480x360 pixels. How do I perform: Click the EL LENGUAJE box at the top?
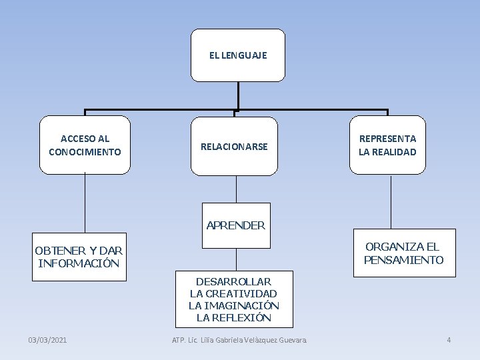(237, 55)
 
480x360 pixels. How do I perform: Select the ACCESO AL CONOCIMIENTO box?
(85, 145)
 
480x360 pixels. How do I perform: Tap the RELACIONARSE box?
(234, 146)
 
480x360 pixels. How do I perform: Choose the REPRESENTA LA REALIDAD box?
(387, 145)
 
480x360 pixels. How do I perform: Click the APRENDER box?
(236, 225)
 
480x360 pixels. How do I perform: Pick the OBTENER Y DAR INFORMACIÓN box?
(79, 257)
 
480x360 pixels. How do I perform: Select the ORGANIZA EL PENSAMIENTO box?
(403, 253)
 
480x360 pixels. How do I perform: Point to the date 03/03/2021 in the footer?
(47, 340)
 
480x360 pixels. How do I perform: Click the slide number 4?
(449, 340)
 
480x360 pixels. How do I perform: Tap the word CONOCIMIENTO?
(85, 152)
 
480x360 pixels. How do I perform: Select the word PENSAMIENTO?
(403, 260)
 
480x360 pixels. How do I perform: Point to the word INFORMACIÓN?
(79, 263)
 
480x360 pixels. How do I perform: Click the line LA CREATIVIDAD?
(233, 293)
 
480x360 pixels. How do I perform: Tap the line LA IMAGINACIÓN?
(233, 305)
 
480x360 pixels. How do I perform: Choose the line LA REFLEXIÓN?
(233, 317)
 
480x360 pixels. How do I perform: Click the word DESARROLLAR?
(233, 281)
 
